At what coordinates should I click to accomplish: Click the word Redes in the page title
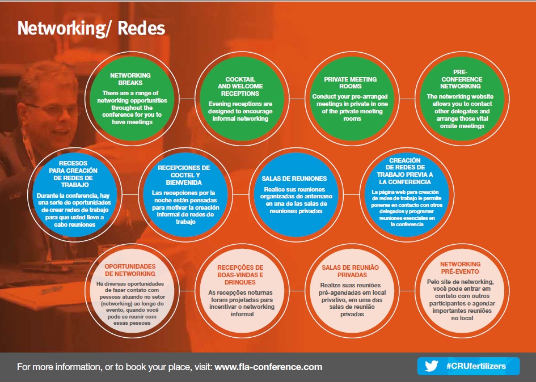click(x=141, y=28)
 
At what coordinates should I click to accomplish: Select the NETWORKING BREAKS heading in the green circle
click(x=130, y=79)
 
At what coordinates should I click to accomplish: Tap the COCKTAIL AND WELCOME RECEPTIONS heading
click(x=240, y=87)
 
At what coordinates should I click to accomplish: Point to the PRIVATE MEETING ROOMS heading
click(x=351, y=83)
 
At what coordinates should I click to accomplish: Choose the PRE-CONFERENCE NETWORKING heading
click(x=461, y=79)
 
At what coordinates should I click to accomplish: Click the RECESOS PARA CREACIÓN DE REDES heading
click(x=73, y=174)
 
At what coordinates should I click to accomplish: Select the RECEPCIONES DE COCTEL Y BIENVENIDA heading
click(x=184, y=175)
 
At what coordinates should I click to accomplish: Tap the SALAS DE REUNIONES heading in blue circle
click(x=294, y=179)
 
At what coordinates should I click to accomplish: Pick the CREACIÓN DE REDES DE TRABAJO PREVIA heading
click(x=405, y=171)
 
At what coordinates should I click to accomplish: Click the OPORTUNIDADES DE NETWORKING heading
click(x=130, y=270)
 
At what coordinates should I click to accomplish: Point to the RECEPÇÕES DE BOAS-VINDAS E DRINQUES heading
click(x=240, y=275)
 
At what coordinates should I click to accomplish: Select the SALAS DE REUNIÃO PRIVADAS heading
click(x=351, y=271)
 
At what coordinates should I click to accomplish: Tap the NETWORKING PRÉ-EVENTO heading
click(x=460, y=268)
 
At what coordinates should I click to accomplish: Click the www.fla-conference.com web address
click(x=268, y=367)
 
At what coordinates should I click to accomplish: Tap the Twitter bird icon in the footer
click(x=432, y=366)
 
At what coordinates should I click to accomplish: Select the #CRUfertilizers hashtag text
click(x=476, y=366)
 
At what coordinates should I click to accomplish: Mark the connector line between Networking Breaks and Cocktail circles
click(x=187, y=99)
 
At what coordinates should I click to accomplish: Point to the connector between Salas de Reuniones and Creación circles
click(x=352, y=195)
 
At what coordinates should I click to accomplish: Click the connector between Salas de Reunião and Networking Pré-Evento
click(x=407, y=291)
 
